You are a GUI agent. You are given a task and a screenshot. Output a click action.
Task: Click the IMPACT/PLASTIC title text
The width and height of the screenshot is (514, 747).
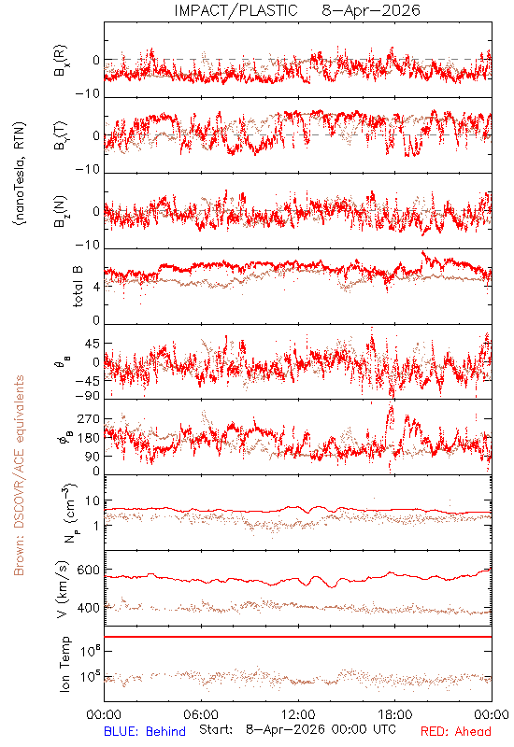pos(236,10)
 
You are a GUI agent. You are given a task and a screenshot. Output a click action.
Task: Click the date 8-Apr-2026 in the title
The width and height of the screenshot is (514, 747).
pos(371,10)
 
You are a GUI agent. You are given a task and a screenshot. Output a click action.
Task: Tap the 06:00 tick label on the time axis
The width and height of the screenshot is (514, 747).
pos(201,714)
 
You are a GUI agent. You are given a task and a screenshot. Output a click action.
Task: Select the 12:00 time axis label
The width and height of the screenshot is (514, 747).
pos(298,714)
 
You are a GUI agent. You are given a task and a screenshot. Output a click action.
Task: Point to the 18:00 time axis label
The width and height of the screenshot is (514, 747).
pos(394,714)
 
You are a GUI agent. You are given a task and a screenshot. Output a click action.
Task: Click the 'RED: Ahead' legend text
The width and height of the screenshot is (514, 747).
pos(455,731)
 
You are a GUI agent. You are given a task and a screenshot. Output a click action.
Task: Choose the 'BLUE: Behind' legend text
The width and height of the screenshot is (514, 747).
pos(145,731)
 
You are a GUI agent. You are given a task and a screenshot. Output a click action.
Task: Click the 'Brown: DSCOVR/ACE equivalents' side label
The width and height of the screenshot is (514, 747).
pos(19,475)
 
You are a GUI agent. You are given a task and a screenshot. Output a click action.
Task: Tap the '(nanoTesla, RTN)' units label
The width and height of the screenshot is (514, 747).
pos(20,174)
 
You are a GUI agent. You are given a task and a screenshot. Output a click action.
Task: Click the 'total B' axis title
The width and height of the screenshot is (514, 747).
pos(78,286)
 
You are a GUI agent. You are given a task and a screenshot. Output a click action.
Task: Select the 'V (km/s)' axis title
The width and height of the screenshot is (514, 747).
pos(62,589)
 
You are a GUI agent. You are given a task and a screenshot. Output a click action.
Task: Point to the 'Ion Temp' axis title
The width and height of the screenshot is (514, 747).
pos(64,664)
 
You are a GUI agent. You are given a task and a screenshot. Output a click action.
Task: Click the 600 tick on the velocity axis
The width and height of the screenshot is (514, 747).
pos(88,571)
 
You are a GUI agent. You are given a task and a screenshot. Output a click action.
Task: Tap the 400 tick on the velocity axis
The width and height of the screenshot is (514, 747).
pos(88,608)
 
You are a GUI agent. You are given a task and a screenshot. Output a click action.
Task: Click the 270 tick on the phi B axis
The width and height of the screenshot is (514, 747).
pos(88,418)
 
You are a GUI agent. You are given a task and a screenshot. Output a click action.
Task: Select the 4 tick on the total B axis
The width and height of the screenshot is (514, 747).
pos(96,287)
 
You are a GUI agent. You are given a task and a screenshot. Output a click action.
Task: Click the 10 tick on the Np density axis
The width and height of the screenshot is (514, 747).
pos(93,500)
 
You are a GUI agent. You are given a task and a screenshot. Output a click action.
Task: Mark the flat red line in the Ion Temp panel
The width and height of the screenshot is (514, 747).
pos(298,637)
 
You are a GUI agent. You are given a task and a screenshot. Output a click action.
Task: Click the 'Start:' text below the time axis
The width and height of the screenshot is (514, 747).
pos(216,729)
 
